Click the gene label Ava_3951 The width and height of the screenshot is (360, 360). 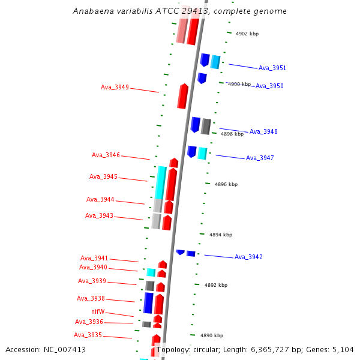coord(272,68)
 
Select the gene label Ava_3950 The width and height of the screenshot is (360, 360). coord(269,86)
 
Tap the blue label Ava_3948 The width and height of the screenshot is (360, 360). coord(263,131)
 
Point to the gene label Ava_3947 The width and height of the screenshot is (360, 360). coord(260,158)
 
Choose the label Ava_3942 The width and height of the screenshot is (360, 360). coord(248,257)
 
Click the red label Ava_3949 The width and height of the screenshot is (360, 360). coord(115,87)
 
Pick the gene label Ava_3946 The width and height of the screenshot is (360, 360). coord(106,155)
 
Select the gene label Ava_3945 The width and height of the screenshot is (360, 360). coord(103,176)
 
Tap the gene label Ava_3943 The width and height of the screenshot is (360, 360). coord(99,215)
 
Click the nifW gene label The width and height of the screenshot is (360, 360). coord(98,311)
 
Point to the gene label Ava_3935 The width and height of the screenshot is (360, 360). coord(88,335)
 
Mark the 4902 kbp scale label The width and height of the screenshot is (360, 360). coord(247,34)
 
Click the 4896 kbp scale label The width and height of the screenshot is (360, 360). coord(226,184)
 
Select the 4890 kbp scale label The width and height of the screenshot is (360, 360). coord(212,335)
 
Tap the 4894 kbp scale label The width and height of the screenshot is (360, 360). coord(221,235)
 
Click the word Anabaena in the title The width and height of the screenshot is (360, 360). coord(91,11)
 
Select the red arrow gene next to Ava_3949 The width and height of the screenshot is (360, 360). coord(182,96)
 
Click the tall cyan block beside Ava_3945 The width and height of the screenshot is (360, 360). coord(160,182)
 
